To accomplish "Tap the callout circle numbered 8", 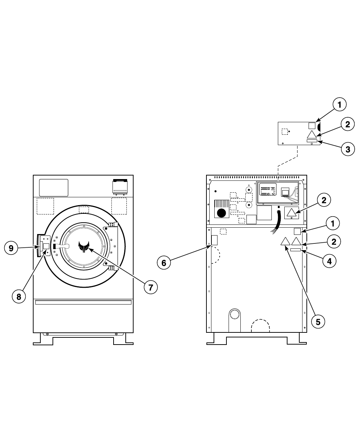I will tap(19, 296).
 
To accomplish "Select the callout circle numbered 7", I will tap(151, 287).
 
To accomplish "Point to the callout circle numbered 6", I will tap(164, 263).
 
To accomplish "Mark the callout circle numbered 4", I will tap(329, 261).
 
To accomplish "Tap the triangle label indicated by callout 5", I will tap(285, 241).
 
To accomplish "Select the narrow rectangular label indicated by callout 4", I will tap(296, 250).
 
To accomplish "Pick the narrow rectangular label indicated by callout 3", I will tap(312, 141).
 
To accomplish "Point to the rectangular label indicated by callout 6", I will tap(214, 240).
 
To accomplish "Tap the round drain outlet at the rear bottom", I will tap(235, 314).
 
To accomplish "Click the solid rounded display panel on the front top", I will tap(54, 188).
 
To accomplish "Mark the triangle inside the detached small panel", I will tap(312, 134).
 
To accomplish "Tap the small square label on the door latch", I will tap(46, 246).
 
